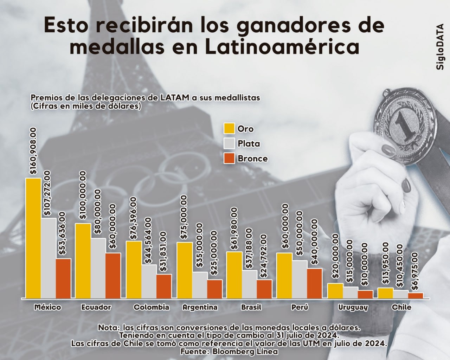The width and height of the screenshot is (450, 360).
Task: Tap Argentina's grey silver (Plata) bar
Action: (x=199, y=285)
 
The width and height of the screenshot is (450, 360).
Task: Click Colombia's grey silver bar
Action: (x=149, y=281)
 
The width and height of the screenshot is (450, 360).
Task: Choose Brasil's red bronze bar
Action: (x=264, y=289)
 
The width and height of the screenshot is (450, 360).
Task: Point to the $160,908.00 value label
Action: (x=33, y=151)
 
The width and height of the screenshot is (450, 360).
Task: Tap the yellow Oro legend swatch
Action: (x=229, y=129)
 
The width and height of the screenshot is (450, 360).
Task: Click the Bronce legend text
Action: (x=252, y=159)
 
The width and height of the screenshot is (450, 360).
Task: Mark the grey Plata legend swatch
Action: (x=229, y=143)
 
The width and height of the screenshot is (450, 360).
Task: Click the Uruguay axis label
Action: (x=353, y=307)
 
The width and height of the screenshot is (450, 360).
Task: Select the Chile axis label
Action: (x=401, y=307)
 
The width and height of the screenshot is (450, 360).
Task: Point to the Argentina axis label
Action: (x=200, y=307)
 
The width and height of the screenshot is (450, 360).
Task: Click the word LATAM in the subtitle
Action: (x=175, y=98)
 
